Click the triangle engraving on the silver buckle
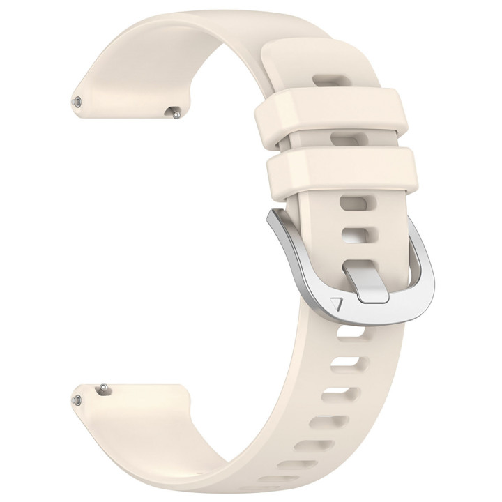(x=338, y=305)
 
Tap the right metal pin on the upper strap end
(x=176, y=109)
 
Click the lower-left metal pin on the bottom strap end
(x=76, y=400)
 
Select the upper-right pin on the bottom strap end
(x=103, y=385)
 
